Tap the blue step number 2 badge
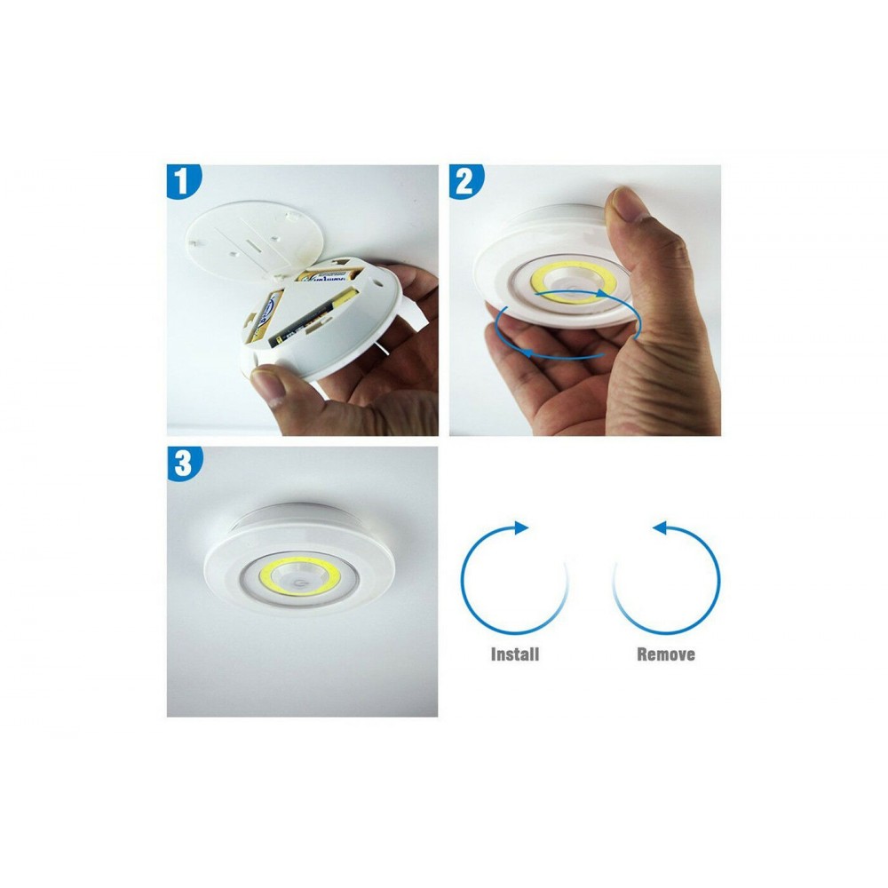click(x=465, y=182)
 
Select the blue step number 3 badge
click(x=183, y=464)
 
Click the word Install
click(x=515, y=654)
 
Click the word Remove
click(x=666, y=654)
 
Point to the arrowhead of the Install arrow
click(x=521, y=527)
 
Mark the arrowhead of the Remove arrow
click(x=659, y=527)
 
